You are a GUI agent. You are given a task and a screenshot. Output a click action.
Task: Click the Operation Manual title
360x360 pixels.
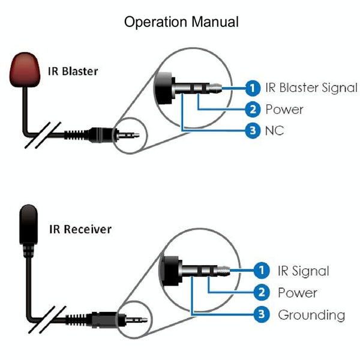[181, 22]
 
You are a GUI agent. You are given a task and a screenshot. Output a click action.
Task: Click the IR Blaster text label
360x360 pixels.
[73, 71]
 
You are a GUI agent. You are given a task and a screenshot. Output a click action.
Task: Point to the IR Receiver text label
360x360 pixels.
[80, 229]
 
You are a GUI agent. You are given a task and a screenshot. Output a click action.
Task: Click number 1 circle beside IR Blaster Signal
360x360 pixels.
[253, 88]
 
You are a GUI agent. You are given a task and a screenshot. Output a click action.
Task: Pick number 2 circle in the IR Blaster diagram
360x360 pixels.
[253, 109]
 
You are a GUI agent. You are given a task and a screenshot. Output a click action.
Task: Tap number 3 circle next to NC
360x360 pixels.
[253, 130]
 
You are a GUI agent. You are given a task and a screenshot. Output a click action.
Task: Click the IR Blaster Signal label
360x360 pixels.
[311, 88]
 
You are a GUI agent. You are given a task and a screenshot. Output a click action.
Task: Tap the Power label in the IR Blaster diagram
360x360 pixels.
[284, 109]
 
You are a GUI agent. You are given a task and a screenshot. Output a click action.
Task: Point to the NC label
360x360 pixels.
[274, 130]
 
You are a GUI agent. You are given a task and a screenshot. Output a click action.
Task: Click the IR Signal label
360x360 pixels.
[303, 271]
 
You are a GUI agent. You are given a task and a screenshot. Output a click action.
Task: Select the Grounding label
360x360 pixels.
[311, 314]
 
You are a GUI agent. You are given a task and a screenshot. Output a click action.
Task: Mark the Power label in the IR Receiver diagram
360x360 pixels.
[297, 293]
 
